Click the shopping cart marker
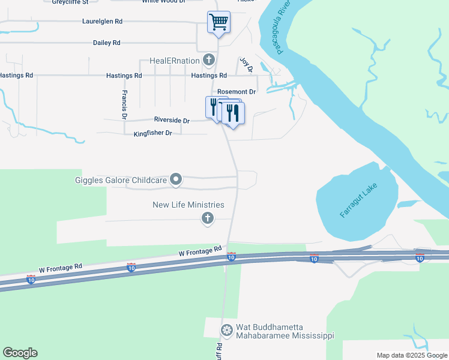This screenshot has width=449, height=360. pyautogui.click(x=218, y=23)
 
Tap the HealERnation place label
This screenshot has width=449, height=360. pyautogui.click(x=175, y=60)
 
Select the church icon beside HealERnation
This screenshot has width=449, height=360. pyautogui.click(x=208, y=59)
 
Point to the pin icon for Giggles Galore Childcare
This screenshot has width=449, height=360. pyautogui.click(x=176, y=179)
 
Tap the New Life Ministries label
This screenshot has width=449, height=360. pyautogui.click(x=188, y=205)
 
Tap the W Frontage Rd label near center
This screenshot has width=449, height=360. pyautogui.click(x=200, y=251)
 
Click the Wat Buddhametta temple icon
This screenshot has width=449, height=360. pyautogui.click(x=226, y=330)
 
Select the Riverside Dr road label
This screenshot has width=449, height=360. pyautogui.click(x=172, y=121)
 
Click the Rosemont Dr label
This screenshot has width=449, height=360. pyautogui.click(x=237, y=92)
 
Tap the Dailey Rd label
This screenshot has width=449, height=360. pyautogui.click(x=107, y=43)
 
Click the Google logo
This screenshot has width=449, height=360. pyautogui.click(x=20, y=353)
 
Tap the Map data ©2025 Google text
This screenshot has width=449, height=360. pyautogui.click(x=411, y=355)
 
